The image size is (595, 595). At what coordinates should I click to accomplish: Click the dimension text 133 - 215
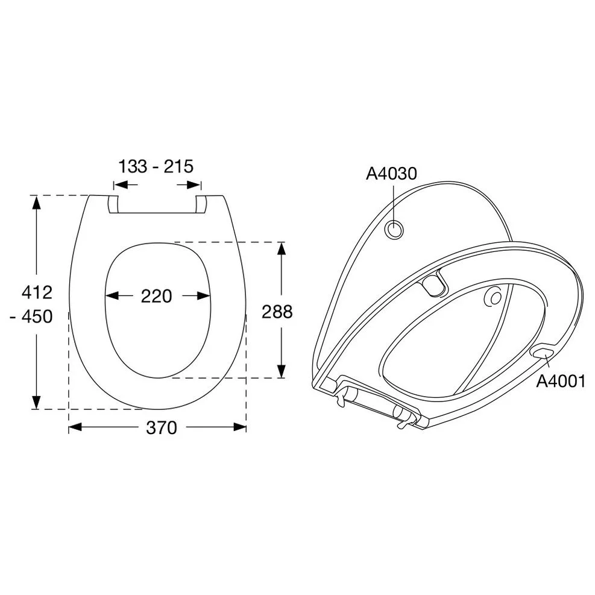point(156,166)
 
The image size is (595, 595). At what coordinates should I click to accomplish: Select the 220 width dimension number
point(156,296)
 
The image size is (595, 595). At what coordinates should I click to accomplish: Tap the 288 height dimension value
point(277,312)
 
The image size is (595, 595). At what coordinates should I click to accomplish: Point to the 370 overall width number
point(162,427)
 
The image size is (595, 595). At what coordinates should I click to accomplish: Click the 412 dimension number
point(37,292)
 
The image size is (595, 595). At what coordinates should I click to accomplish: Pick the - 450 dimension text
point(31,316)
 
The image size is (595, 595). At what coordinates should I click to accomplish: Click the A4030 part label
point(391,174)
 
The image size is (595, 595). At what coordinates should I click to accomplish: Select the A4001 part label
point(561,382)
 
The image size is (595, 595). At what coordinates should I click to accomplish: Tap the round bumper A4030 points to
point(394,229)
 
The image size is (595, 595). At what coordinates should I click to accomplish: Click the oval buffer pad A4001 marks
point(543,351)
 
